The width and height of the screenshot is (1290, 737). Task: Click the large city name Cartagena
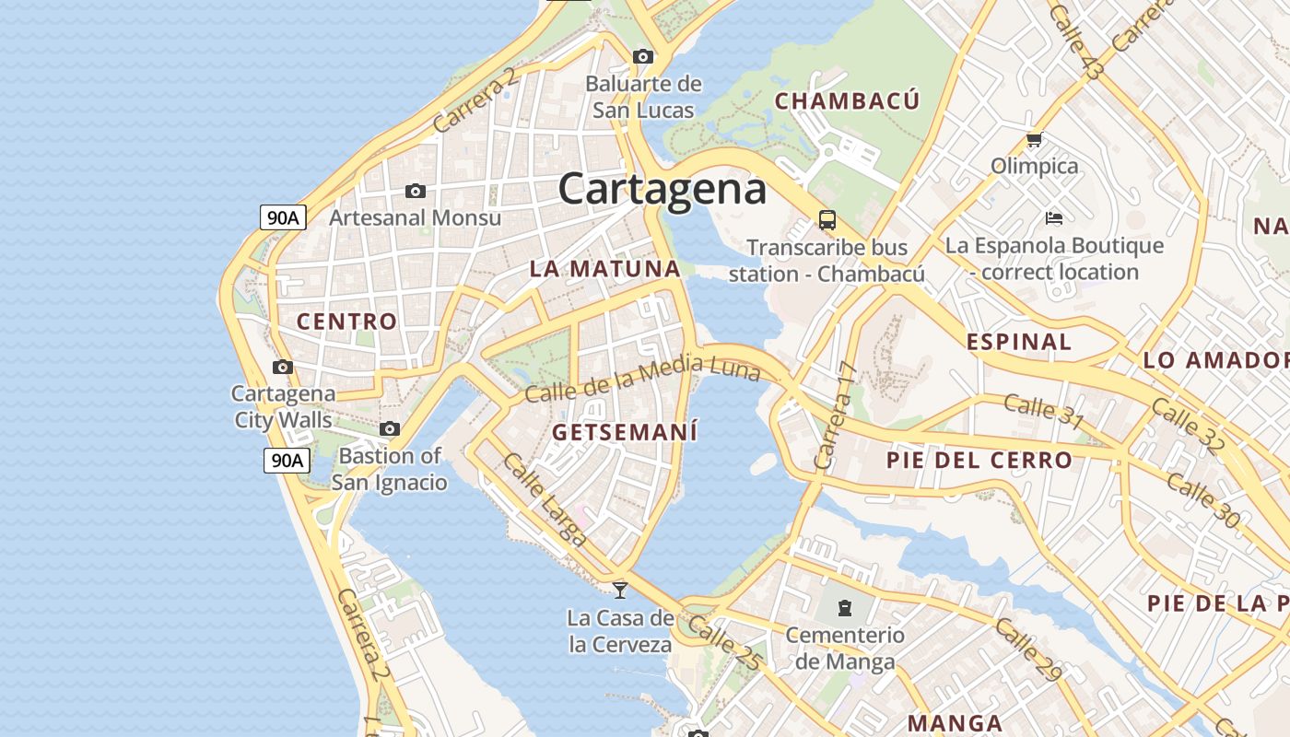(662, 190)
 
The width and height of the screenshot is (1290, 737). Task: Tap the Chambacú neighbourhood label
(847, 100)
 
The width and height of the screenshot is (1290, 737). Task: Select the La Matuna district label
(604, 269)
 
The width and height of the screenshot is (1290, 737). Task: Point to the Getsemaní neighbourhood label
(625, 432)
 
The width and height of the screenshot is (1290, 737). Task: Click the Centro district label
(346, 322)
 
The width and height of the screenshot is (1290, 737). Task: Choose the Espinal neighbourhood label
(1019, 342)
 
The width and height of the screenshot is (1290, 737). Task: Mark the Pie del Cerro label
(979, 460)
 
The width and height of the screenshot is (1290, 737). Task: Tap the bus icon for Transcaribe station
(827, 220)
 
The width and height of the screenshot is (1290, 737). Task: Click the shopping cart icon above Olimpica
(1034, 140)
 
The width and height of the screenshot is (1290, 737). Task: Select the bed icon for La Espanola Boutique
(1054, 218)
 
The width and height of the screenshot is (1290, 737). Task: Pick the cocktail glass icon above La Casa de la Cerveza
(620, 590)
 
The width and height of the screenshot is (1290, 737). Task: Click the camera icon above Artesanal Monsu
(416, 192)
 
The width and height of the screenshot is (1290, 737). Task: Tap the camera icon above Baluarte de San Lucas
(643, 57)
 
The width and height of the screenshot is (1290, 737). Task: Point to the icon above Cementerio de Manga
(844, 608)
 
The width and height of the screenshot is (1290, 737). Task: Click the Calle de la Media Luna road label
(642, 378)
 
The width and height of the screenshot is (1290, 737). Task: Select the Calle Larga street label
(543, 500)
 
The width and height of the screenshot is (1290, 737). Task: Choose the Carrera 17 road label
(836, 416)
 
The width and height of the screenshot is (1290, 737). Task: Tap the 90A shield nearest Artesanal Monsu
(283, 217)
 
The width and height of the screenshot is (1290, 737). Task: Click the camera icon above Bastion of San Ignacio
(390, 429)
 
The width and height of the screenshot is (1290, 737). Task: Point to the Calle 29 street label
(1028, 650)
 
